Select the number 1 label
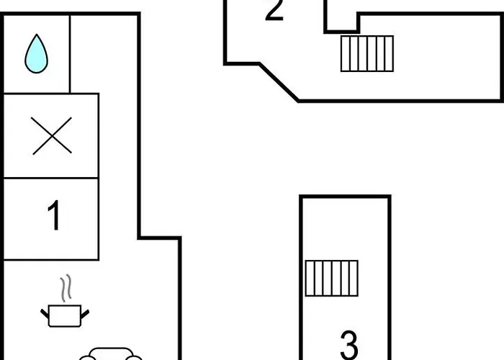[53, 217]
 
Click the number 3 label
[348, 344]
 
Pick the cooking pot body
[66, 315]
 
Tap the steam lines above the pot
[66, 289]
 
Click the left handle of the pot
[45, 311]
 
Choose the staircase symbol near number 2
[367, 54]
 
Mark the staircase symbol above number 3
[331, 278]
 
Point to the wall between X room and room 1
[50, 178]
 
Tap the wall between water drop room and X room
[36, 94]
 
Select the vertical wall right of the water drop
[70, 54]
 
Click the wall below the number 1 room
[50, 260]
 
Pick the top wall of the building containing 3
[346, 196]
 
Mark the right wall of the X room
[98, 135]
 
